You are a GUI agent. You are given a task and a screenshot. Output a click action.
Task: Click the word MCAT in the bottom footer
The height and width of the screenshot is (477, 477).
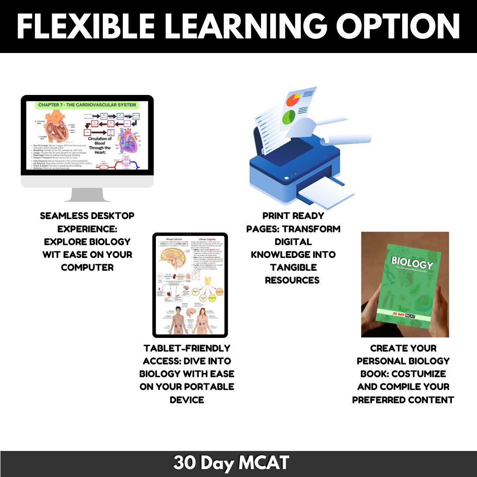264,463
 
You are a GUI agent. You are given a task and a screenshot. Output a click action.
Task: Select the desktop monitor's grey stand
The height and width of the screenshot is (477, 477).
87,194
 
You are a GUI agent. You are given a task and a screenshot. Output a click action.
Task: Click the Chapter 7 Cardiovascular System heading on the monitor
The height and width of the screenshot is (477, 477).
87,105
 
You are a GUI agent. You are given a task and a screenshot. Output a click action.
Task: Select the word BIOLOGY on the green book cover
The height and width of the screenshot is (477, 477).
412,264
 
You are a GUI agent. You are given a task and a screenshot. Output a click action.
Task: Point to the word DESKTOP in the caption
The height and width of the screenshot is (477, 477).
111,216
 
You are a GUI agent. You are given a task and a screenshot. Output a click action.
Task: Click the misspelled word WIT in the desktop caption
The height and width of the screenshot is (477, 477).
52,255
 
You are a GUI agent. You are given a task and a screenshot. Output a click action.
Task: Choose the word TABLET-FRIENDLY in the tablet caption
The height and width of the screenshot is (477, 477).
187,348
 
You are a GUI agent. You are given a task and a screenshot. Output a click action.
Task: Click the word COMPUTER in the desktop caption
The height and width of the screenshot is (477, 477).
87,268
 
